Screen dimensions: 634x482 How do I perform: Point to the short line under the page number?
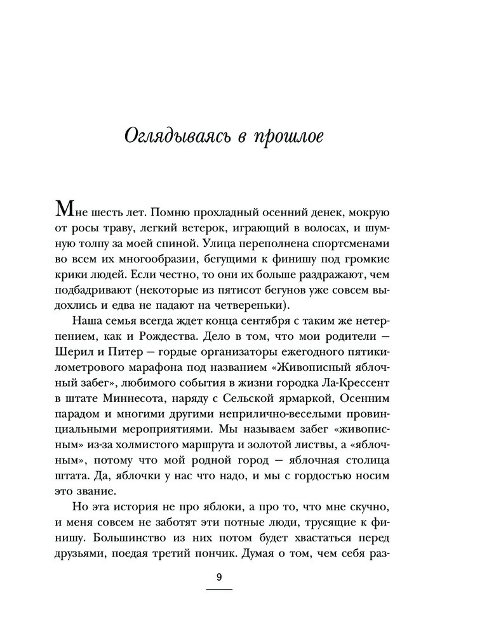coord(219,590)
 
